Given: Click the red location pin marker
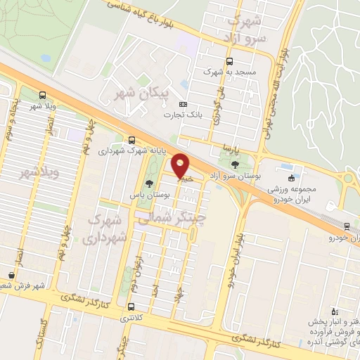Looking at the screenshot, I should click(181, 166).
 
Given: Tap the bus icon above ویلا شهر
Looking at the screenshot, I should click(43, 95).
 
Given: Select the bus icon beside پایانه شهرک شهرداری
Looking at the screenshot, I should click(131, 139).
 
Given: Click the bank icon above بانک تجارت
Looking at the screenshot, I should click(184, 103).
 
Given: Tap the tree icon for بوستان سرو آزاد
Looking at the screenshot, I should click(234, 166).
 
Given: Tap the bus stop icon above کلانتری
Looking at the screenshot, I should click(131, 307).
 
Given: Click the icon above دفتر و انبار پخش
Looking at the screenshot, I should click(334, 310).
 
